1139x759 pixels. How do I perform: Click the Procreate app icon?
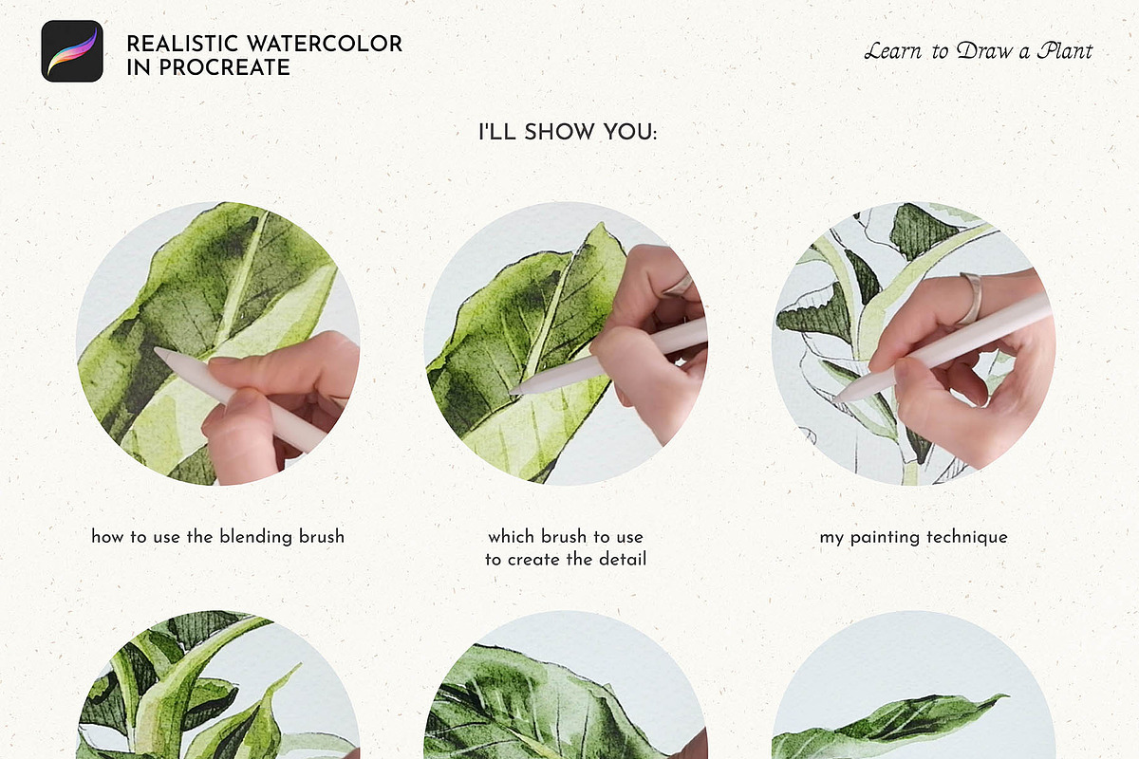[72, 51]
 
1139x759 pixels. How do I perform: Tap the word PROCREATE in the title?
[224, 67]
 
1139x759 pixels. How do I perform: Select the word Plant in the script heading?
[1065, 51]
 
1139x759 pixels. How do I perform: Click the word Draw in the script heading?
[985, 51]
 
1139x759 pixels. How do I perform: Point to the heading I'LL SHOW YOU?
[568, 132]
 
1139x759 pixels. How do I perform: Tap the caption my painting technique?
[914, 537]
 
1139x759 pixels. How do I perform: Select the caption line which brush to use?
[566, 536]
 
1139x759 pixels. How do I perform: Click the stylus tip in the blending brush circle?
[156, 350]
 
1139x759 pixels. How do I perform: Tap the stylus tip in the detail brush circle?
[512, 392]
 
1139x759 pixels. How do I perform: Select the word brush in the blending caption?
[322, 536]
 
